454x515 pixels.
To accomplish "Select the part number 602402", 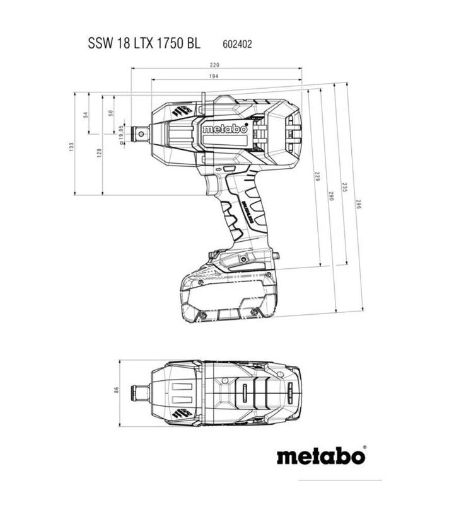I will [x=236, y=45].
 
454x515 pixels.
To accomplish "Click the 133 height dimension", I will [x=72, y=146].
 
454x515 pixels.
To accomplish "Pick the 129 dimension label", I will [x=99, y=152].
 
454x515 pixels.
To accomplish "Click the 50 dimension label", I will [x=111, y=113].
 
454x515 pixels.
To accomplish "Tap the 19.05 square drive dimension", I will [x=120, y=133].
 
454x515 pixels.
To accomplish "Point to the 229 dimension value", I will [x=317, y=178].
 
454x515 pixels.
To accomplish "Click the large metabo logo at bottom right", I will [x=320, y=455].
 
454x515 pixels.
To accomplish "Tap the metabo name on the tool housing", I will [x=224, y=129].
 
